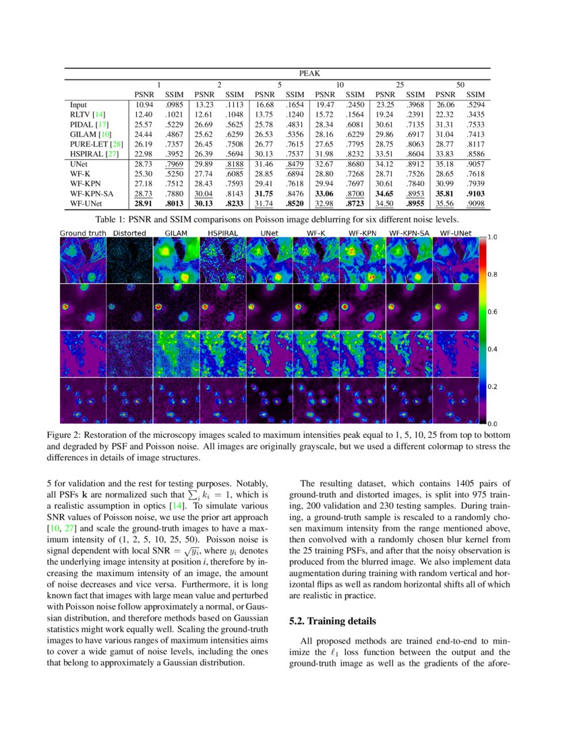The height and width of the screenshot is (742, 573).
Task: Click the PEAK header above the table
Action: click(x=310, y=74)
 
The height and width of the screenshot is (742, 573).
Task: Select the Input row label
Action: click(x=78, y=105)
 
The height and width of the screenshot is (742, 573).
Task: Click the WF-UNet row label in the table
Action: click(x=87, y=202)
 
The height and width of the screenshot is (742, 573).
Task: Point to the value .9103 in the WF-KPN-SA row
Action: click(x=475, y=193)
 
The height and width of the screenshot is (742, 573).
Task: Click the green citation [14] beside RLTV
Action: click(x=99, y=115)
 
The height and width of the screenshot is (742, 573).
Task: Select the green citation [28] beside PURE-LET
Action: click(x=116, y=144)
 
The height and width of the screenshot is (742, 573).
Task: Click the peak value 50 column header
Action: click(x=460, y=84)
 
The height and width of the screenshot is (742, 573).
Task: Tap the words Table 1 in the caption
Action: click(x=112, y=220)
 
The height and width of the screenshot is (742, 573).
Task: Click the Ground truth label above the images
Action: click(x=83, y=233)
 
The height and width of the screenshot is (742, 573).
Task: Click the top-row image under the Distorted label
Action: click(x=129, y=260)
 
